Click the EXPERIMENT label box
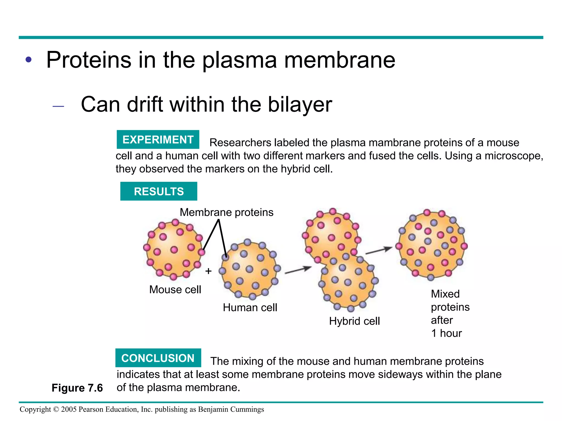pos(158,140)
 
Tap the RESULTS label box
pos(159,191)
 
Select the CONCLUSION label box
pos(158,358)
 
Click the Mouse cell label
pos(175,289)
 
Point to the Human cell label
pos(250,308)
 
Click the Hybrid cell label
pos(354,321)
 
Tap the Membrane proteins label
pos(226,212)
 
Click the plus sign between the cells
pos(209,271)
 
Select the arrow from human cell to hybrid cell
pos(298,270)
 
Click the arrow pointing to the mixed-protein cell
pos(379,250)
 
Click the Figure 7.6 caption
pos(77,388)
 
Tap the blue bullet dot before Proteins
pos(29,59)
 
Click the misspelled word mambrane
pos(394,143)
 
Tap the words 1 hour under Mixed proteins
pos(446,333)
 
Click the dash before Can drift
pos(58,106)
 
